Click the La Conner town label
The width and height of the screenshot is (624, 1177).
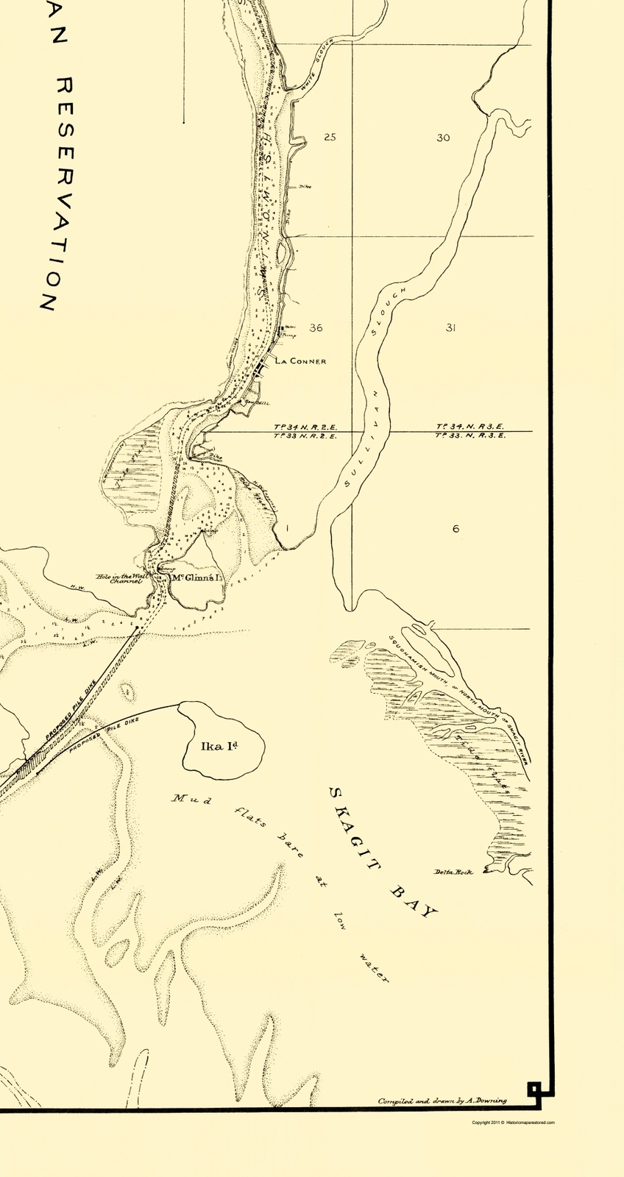click(300, 361)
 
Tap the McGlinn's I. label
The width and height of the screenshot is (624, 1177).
click(196, 578)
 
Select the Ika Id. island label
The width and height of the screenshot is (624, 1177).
click(222, 747)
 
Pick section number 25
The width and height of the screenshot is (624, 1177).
click(330, 138)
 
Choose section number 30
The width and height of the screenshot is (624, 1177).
click(443, 138)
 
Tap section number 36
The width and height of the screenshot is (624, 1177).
click(316, 327)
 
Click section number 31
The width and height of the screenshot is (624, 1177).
click(450, 327)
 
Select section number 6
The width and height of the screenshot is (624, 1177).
click(456, 528)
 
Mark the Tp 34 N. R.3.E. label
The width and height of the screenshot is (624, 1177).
click(471, 426)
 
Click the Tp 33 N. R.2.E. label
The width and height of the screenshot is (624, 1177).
click(305, 436)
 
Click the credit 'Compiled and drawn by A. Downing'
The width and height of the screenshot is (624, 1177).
click(442, 1101)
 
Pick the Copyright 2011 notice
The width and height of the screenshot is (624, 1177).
click(513, 1122)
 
